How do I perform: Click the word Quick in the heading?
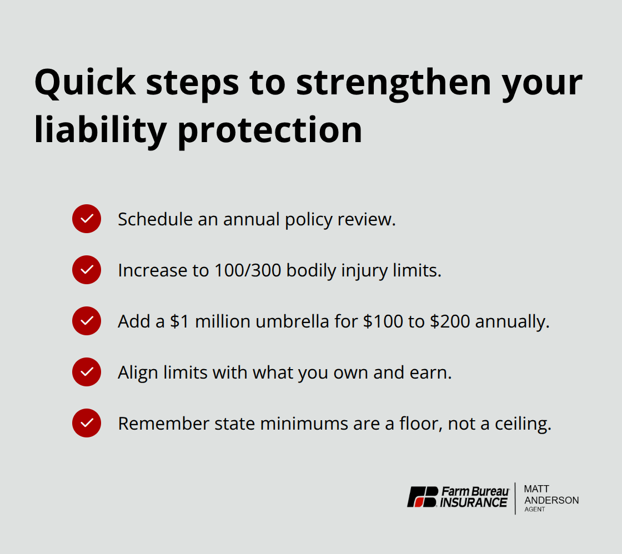click(x=85, y=83)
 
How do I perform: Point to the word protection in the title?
click(x=270, y=131)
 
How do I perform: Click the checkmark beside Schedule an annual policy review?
click(x=87, y=219)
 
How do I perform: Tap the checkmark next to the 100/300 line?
click(x=87, y=270)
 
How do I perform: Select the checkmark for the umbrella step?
click(x=87, y=321)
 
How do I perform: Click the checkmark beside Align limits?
click(x=87, y=372)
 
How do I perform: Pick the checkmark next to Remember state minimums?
click(x=87, y=423)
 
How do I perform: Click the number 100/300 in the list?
click(x=245, y=270)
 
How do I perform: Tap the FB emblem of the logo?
click(x=423, y=497)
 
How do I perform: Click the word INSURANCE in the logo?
click(x=474, y=503)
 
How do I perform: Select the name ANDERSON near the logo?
click(x=551, y=500)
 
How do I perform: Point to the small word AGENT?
click(x=535, y=510)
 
